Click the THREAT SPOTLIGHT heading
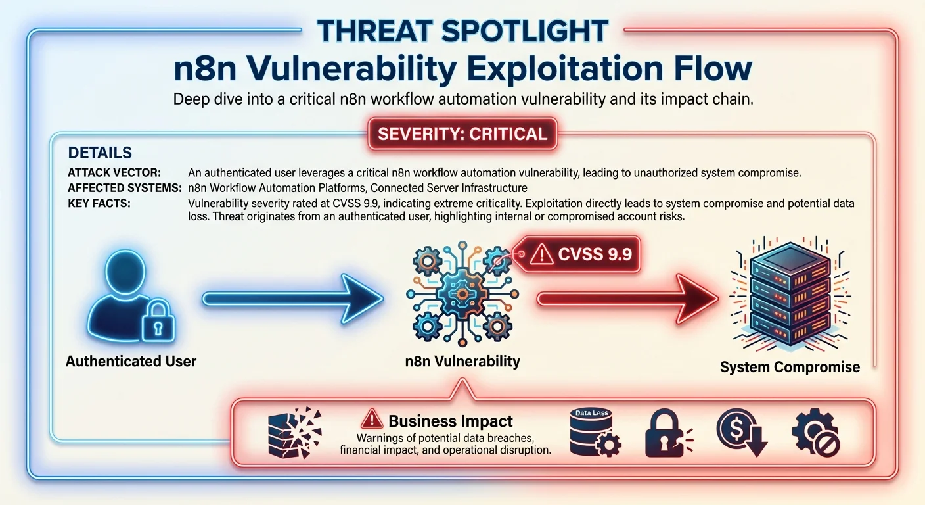click(463, 31)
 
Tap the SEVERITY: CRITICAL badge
click(462, 134)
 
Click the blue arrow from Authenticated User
click(292, 299)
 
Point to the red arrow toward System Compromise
click(627, 299)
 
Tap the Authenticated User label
click(131, 361)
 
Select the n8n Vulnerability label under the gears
click(462, 361)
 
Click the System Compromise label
click(790, 367)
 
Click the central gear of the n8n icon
click(462, 289)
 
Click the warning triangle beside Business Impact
click(372, 419)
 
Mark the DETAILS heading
click(100, 153)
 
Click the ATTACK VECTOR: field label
click(114, 173)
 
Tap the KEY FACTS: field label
click(99, 203)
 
